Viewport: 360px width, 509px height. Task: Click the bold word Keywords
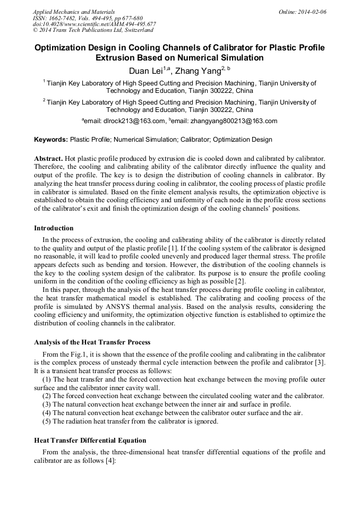tap(50, 140)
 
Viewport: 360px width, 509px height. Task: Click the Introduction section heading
tap(54, 228)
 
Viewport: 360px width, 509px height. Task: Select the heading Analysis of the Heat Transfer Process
tap(92, 342)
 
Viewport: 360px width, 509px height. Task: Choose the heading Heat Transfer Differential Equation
tap(90, 441)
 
